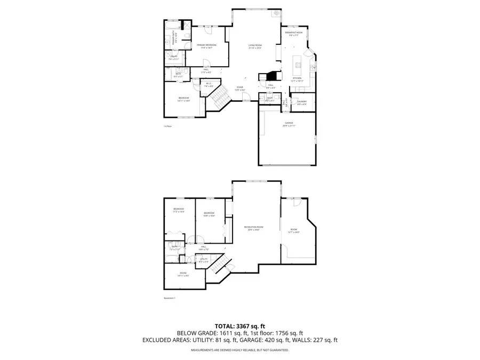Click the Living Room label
tap(255, 46)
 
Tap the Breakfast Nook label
tap(294, 34)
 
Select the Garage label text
tap(289, 124)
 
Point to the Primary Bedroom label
tap(206, 45)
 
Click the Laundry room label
tap(302, 101)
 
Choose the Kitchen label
tap(297, 78)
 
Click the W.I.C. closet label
tap(209, 84)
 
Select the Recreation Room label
tap(254, 227)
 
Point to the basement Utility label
tap(204, 259)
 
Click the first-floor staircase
tap(218, 99)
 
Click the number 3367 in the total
tap(245, 325)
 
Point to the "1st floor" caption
tap(167, 126)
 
